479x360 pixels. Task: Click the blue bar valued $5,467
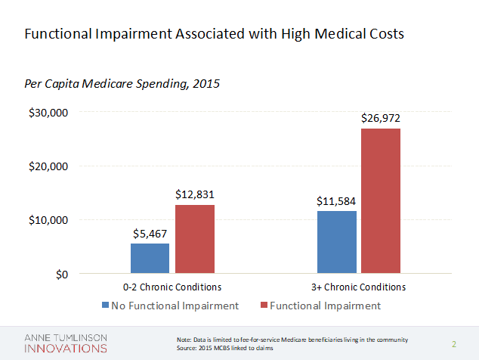pos(150,258)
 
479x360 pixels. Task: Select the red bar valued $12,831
pos(195,239)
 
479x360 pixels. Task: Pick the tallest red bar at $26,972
pos(381,200)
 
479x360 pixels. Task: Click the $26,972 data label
pos(381,119)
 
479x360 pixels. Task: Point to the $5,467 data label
pos(150,234)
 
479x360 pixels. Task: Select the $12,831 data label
pos(195,195)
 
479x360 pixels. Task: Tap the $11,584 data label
pos(336,202)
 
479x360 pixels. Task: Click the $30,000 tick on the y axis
pos(49,113)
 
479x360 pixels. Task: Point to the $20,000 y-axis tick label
pos(49,166)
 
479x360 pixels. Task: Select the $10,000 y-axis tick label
pos(49,220)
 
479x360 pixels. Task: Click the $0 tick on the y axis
pos(61,274)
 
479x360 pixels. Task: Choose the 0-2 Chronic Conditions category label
pos(172,287)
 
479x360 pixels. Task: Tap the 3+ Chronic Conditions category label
pos(360,287)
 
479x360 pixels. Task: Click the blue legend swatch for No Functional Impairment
pos(105,306)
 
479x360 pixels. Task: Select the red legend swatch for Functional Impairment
pos(264,306)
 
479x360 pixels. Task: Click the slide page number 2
pos(454,344)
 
